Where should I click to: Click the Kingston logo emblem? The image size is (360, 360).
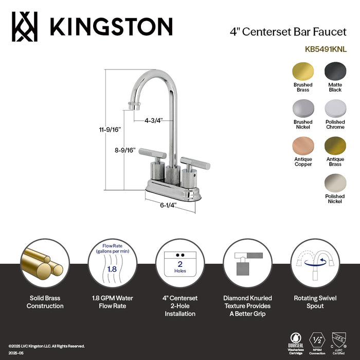click(x=25, y=26)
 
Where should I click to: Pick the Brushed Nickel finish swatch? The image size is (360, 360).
click(x=303, y=109)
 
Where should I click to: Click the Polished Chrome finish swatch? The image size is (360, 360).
click(x=335, y=109)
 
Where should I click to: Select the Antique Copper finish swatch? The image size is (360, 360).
click(x=303, y=146)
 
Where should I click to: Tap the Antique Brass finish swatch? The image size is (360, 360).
click(x=335, y=146)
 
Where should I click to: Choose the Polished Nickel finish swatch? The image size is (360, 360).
click(x=335, y=183)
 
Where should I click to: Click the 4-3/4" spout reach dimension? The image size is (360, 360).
click(x=153, y=121)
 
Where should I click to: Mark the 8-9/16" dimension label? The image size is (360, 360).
click(x=124, y=150)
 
